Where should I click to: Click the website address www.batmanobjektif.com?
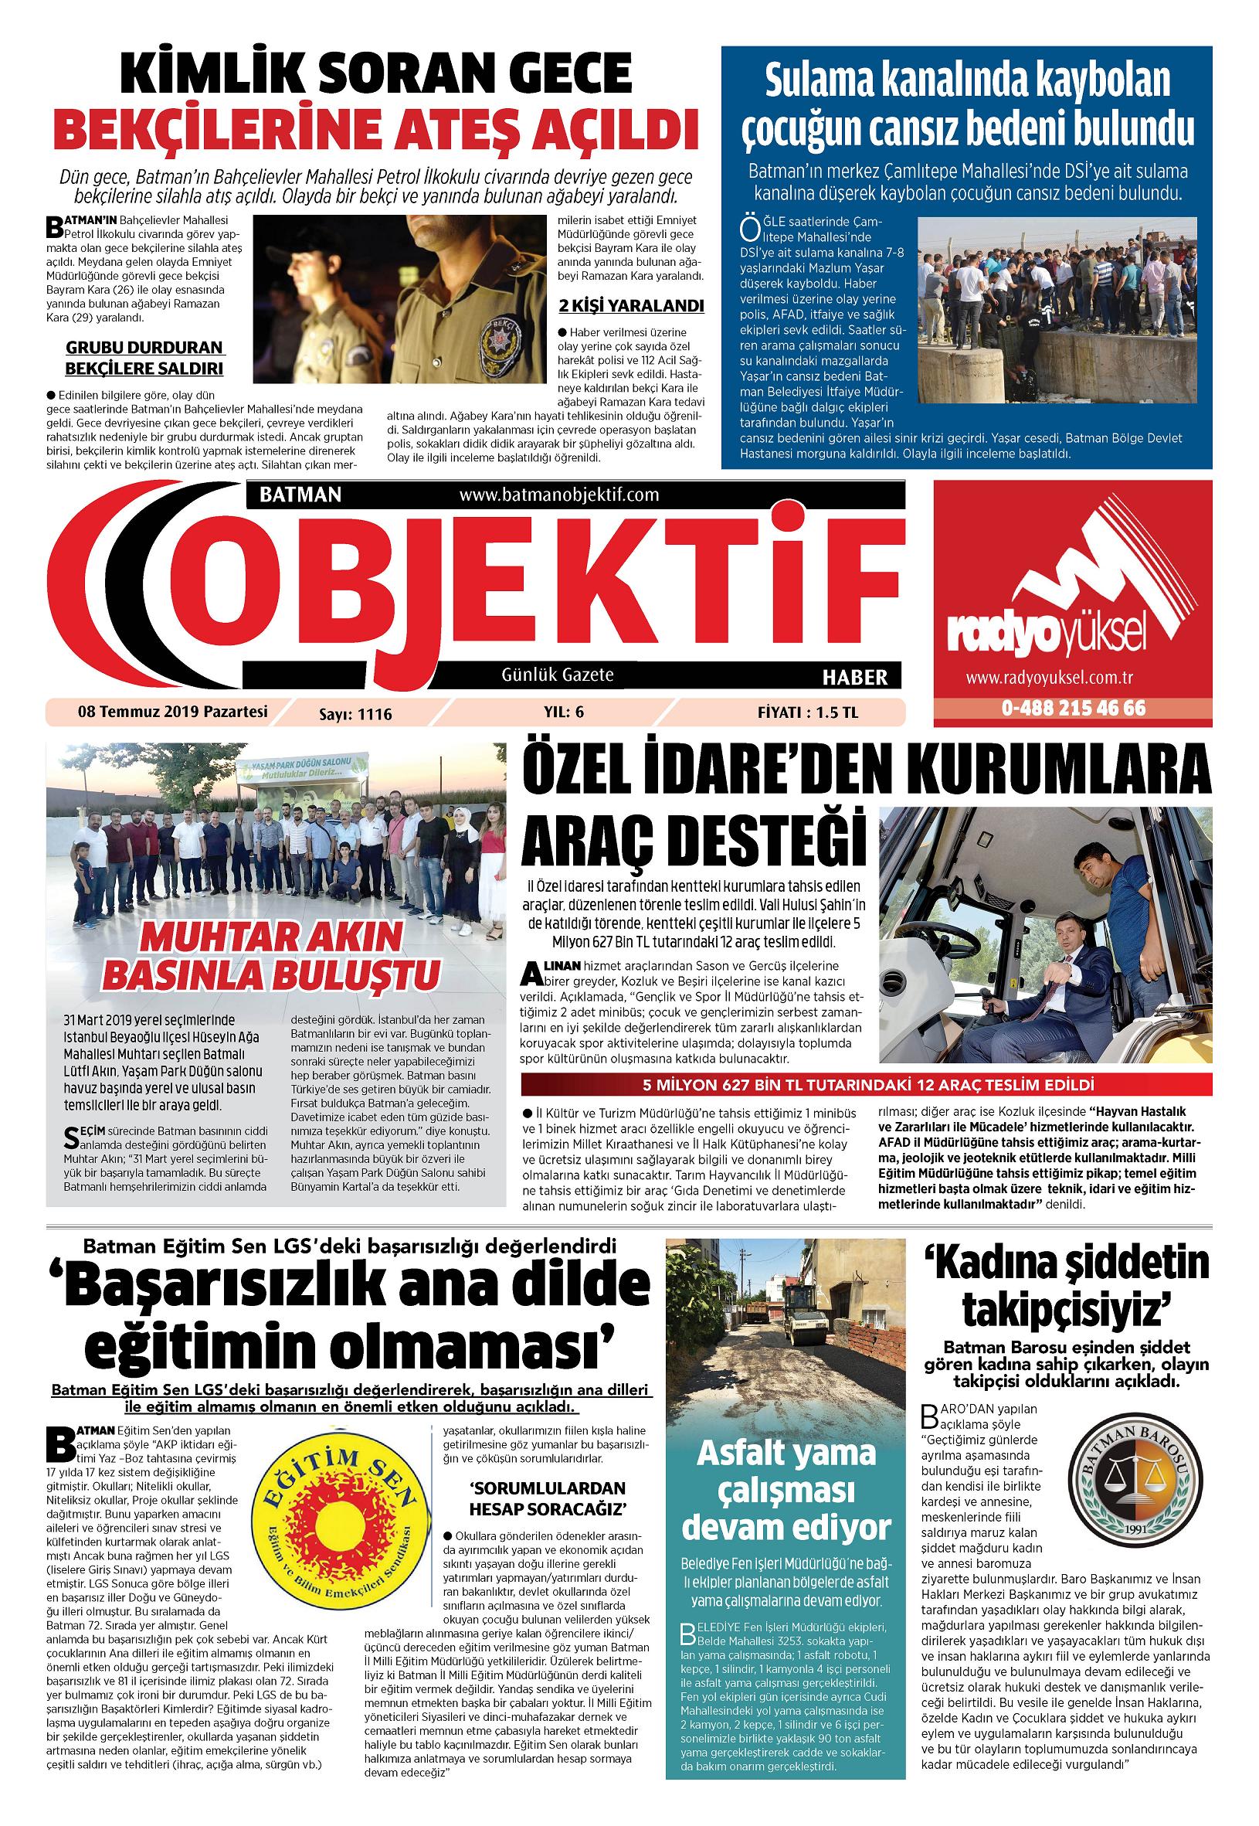(x=558, y=495)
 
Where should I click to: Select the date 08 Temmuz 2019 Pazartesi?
(x=173, y=712)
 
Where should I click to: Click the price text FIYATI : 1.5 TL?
(x=807, y=712)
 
